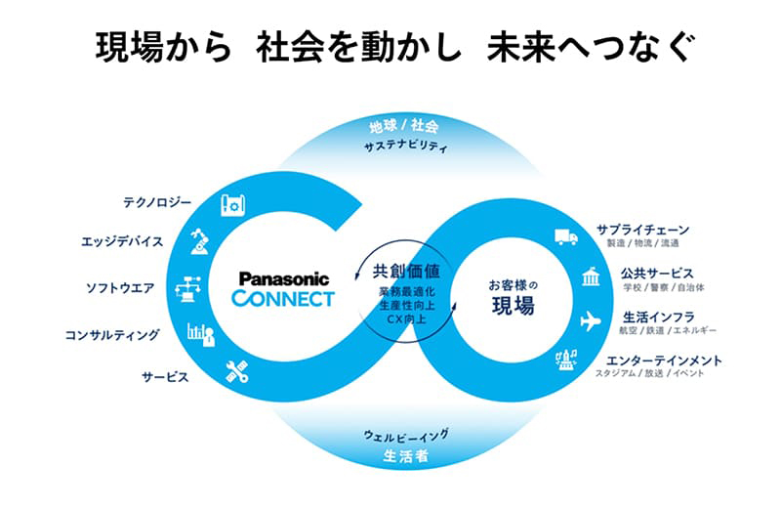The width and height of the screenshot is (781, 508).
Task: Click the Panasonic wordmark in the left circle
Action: (x=284, y=278)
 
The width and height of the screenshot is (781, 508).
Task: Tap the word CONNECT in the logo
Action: (x=284, y=298)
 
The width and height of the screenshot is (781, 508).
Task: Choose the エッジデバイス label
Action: (x=149, y=240)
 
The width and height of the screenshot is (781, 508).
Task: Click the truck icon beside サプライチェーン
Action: (x=565, y=237)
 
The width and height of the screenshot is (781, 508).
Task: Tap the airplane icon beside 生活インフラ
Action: (x=590, y=320)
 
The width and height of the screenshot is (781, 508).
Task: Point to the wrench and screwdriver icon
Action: (x=236, y=372)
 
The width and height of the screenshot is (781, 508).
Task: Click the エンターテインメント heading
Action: (x=664, y=360)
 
